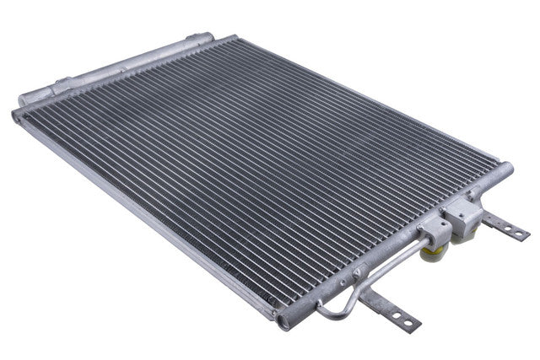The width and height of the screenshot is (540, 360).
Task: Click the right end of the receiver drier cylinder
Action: click(202, 39)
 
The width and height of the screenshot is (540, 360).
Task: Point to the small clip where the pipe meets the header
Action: click(358, 273)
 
